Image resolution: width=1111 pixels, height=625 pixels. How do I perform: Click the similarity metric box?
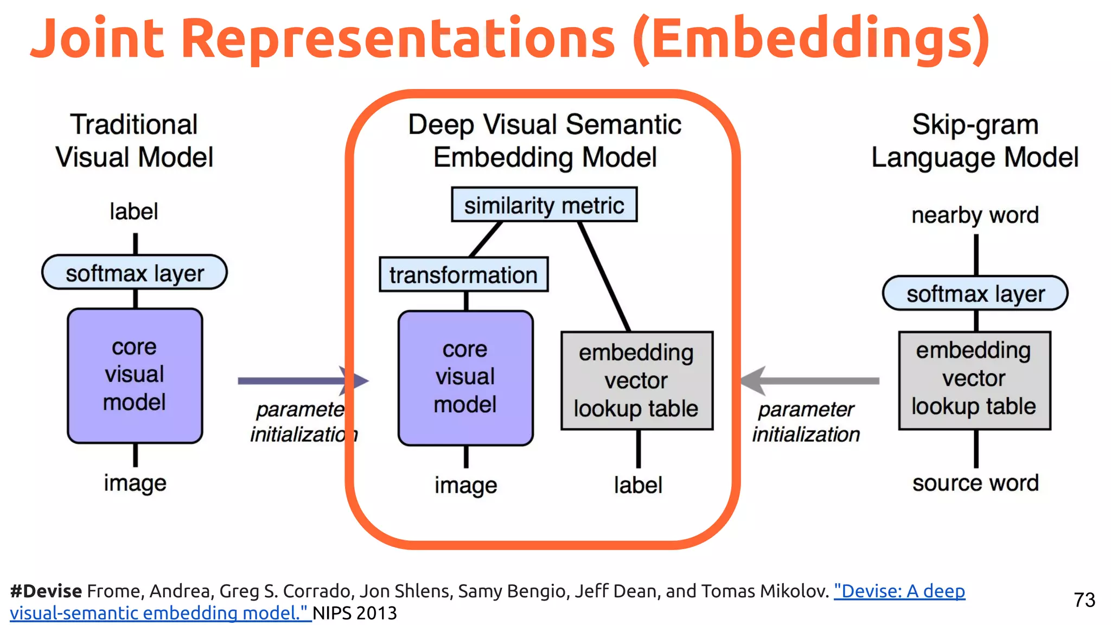point(544,205)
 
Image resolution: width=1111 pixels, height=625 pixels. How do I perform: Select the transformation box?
point(463,275)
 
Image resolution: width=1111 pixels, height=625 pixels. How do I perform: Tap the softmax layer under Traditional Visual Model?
point(135,272)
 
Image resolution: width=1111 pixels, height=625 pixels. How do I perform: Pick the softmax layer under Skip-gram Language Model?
point(975,294)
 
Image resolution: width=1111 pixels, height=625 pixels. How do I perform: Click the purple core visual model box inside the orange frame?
point(465,378)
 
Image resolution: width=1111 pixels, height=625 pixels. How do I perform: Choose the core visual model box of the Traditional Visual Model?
point(135,375)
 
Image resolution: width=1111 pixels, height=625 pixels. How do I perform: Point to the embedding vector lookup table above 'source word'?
point(974,380)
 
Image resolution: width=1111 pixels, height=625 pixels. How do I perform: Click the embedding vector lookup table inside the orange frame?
point(636,380)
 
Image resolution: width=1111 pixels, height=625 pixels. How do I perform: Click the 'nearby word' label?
point(975,215)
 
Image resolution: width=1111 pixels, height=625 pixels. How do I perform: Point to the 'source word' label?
point(975,483)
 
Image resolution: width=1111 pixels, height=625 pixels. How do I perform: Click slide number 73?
point(1084,600)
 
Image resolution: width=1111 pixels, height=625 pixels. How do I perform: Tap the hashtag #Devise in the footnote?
point(46,591)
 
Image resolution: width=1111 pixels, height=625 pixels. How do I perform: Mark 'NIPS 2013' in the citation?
point(355,613)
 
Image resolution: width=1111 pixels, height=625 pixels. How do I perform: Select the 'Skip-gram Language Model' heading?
point(975,141)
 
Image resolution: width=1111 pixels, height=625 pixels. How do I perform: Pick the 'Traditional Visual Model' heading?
point(134,141)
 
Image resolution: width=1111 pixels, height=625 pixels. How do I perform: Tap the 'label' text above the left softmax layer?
point(133,212)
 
